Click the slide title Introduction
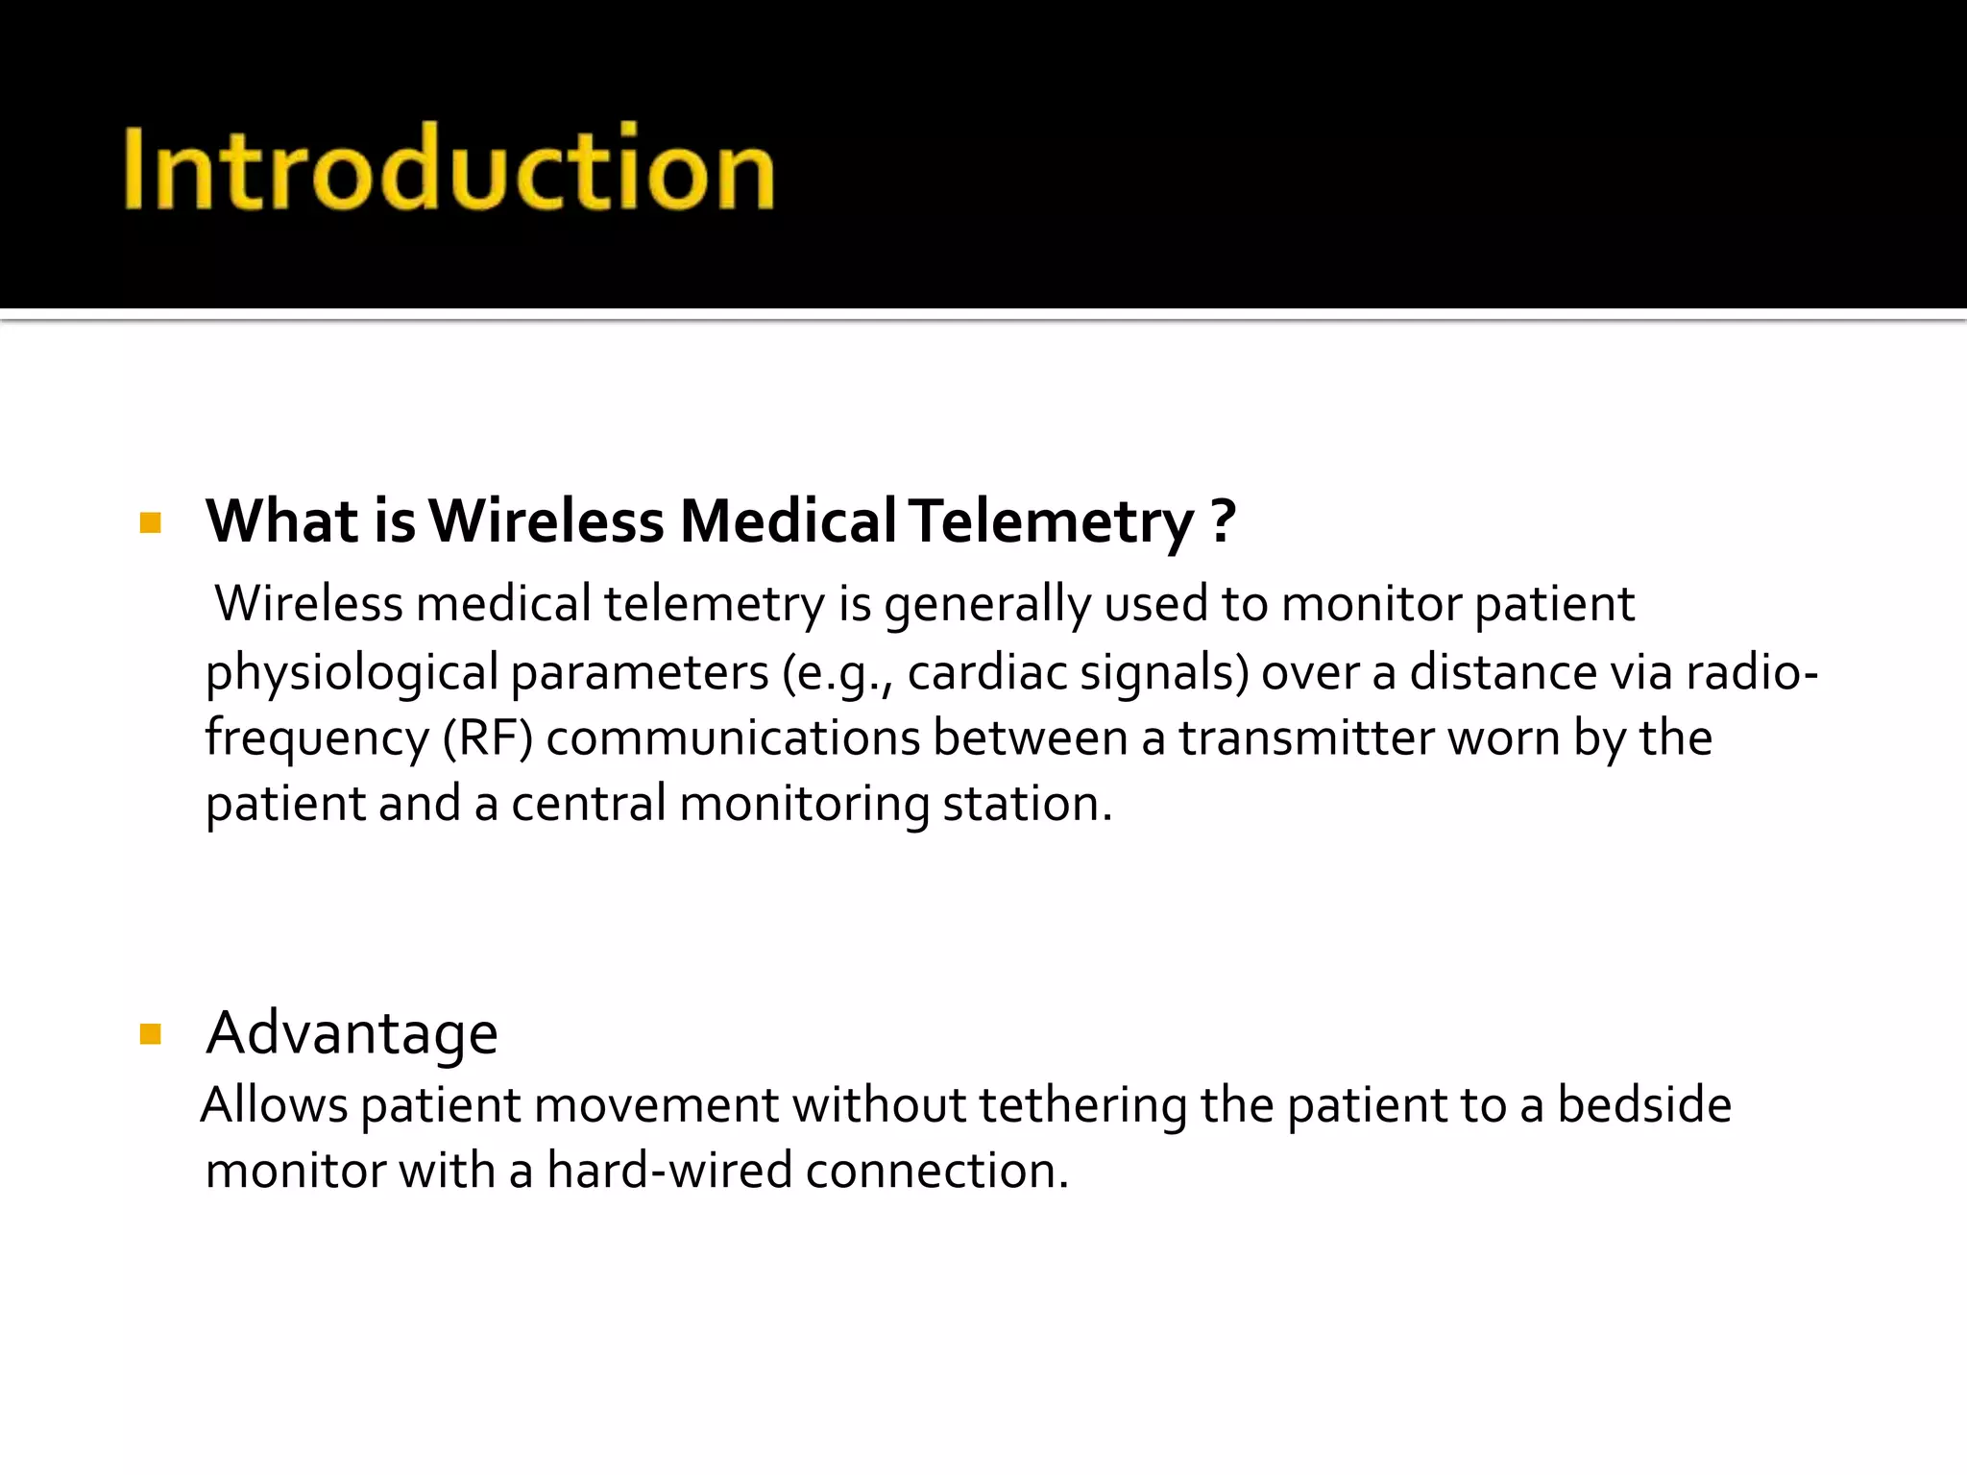[449, 168]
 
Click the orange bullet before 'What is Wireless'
[151, 523]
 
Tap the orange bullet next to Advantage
[151, 1034]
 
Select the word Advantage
[352, 1034]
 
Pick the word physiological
[352, 673]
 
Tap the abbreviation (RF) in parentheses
[488, 738]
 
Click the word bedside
[1643, 1105]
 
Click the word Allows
[275, 1105]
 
